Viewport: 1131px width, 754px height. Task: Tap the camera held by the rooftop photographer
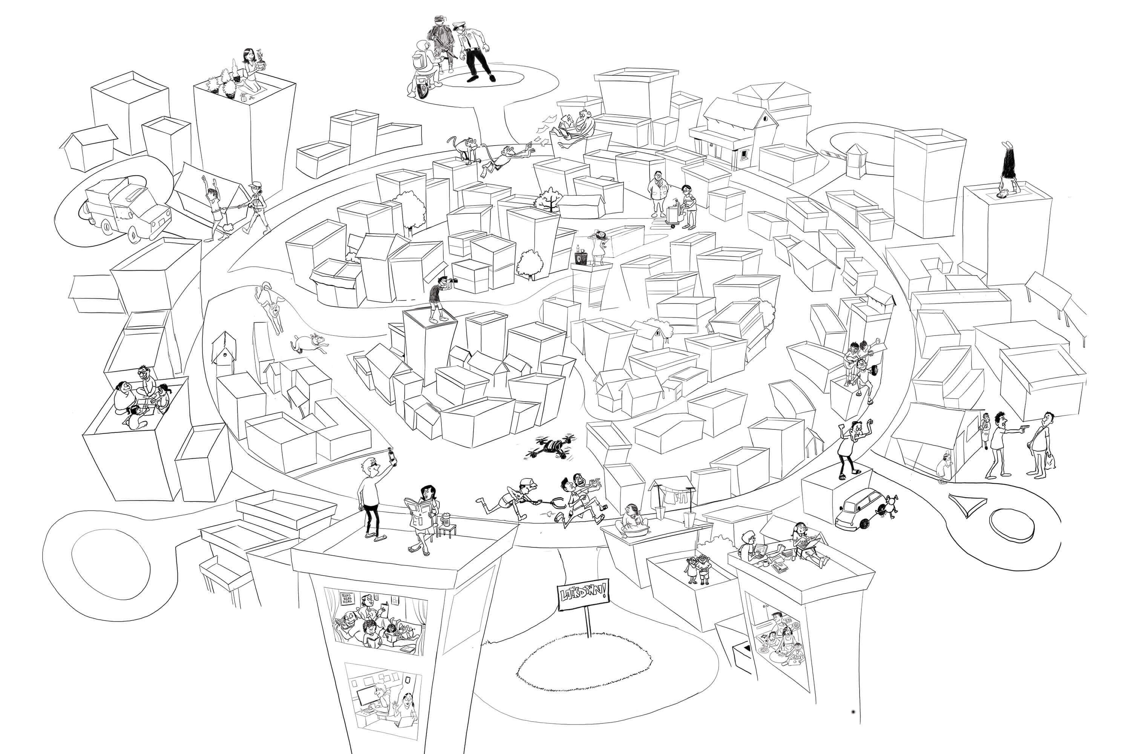click(x=451, y=280)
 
